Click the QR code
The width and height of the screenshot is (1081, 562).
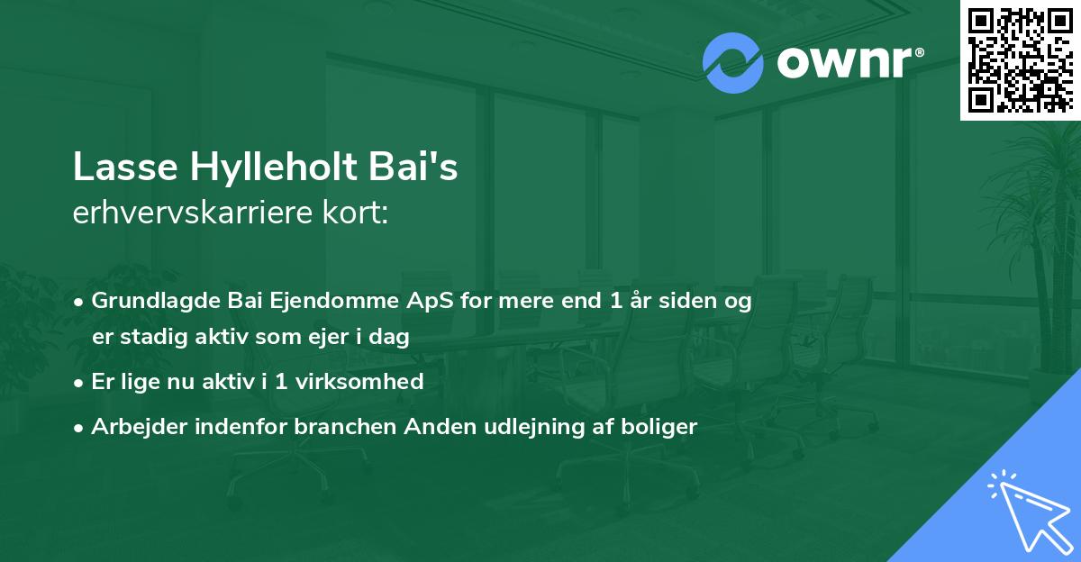[1020, 59]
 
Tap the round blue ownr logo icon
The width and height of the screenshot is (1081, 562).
[733, 62]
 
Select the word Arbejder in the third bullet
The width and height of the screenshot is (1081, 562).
[130, 426]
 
